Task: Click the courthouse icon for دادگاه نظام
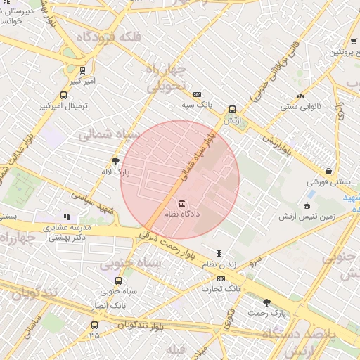(172, 203)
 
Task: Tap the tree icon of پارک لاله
(125, 161)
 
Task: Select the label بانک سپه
(197, 104)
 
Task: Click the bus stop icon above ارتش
(232, 110)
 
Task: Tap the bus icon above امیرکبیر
(83, 70)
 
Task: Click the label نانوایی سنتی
(300, 107)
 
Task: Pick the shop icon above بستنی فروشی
(329, 171)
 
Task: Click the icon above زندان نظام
(219, 253)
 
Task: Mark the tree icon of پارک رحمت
(266, 302)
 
